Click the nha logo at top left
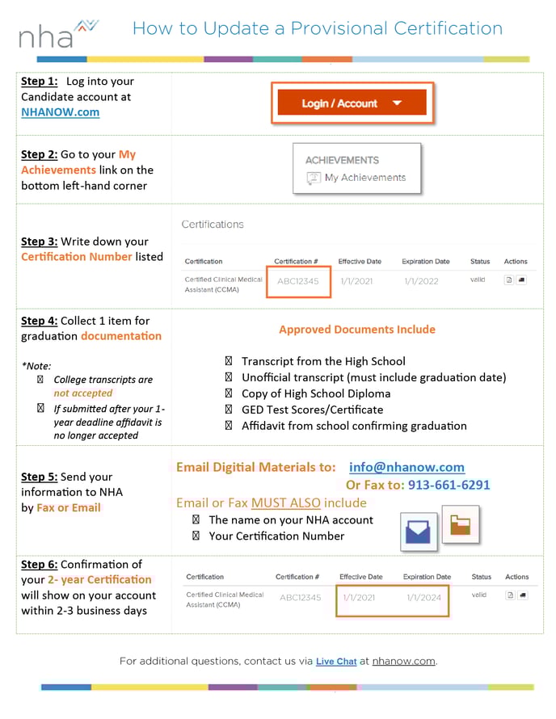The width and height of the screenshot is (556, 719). coord(57,34)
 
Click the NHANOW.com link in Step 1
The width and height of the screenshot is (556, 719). coord(61,112)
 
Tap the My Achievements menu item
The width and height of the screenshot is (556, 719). coord(364,178)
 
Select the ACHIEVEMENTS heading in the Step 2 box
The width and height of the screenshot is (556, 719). coord(342,160)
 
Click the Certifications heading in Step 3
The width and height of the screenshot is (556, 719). coord(212,225)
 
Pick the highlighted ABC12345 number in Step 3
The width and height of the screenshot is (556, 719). coord(298,282)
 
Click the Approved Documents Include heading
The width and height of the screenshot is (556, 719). coord(356,330)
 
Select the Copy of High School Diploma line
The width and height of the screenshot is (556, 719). coord(315,393)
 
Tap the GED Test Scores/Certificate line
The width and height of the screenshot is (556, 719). coord(312,410)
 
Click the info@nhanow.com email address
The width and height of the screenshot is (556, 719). coord(406,467)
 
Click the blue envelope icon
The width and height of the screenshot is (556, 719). coord(419,532)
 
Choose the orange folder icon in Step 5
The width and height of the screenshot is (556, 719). coord(461,525)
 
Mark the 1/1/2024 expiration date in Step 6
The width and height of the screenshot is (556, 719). coord(423,598)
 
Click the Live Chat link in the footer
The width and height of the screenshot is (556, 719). coord(336,661)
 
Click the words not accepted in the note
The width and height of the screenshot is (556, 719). coord(83,393)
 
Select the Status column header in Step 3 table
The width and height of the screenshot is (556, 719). coord(480,262)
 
